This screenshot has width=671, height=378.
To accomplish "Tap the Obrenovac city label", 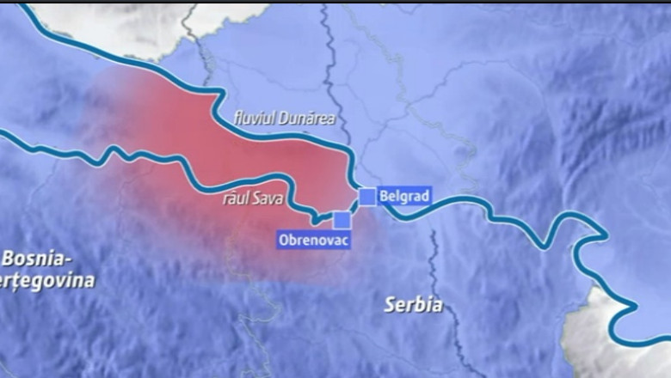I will click(313, 240).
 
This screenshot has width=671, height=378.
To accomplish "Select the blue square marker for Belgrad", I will click(367, 196).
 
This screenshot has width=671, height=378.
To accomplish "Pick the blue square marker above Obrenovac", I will click(342, 219).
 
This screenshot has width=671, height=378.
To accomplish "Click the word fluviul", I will click(254, 118).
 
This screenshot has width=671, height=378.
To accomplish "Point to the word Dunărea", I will click(306, 118).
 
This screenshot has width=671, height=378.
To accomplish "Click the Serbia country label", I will click(414, 304).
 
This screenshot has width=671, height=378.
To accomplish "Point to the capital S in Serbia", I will click(390, 304).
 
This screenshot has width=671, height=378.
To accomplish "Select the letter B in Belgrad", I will click(383, 196).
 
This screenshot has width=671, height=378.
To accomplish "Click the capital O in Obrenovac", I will click(284, 240).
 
